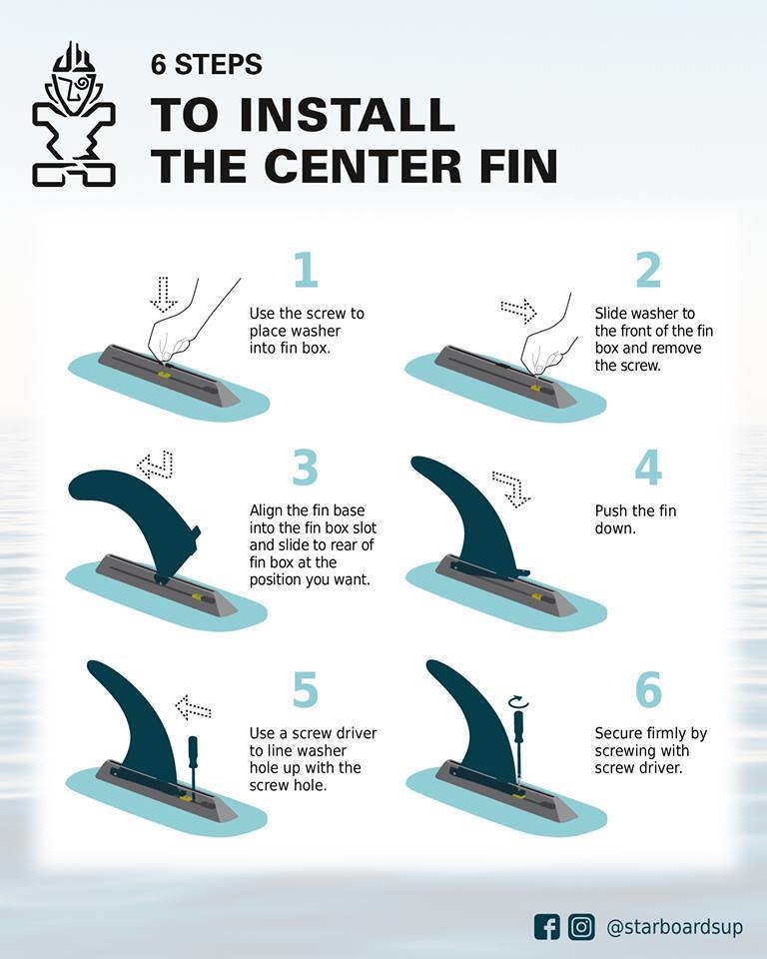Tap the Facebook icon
[x=546, y=927]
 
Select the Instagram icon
[x=581, y=927]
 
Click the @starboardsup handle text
[x=675, y=927]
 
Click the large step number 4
[x=648, y=468]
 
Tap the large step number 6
[x=649, y=689]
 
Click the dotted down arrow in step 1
[x=164, y=294]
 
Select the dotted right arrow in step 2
[x=518, y=311]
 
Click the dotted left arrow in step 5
[x=194, y=707]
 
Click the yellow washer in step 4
[x=537, y=596]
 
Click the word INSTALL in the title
[x=348, y=114]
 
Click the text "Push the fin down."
[x=635, y=519]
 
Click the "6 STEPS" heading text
[x=207, y=64]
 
